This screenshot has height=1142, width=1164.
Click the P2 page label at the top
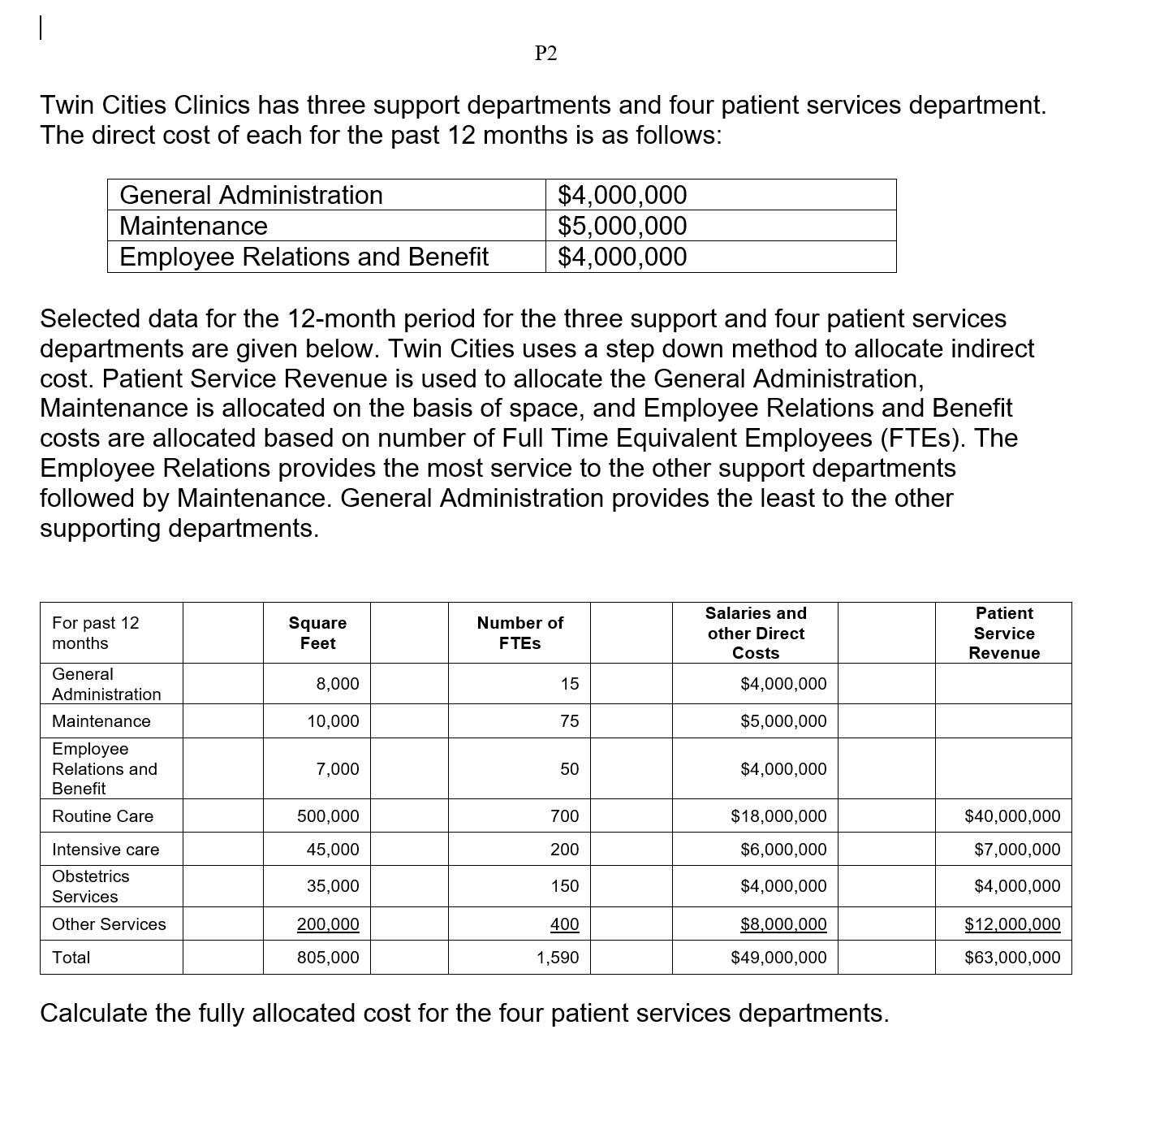[x=546, y=54]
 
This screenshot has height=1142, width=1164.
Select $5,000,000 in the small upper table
[x=622, y=226]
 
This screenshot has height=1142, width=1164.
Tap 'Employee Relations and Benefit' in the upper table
[x=304, y=257]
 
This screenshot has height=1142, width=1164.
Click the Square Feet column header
[x=317, y=633]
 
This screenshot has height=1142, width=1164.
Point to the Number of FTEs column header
[x=519, y=633]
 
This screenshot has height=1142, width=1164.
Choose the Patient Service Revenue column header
[x=1004, y=633]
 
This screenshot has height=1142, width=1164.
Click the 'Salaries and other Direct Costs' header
[x=756, y=633]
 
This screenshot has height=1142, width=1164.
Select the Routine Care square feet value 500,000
[x=328, y=816]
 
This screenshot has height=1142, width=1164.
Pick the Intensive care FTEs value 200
[x=565, y=850]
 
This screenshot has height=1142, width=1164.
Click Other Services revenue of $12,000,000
[x=1012, y=924]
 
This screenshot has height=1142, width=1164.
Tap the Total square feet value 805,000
[x=328, y=958]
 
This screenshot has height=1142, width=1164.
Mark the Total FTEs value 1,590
[x=558, y=958]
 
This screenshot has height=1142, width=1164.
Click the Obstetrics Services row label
[x=90, y=886]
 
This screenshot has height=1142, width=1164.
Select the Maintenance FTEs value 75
[x=570, y=721]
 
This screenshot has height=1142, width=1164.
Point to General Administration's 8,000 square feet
[x=338, y=684]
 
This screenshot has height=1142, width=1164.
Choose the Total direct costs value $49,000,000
[x=778, y=958]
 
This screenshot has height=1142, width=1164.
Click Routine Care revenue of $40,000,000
[x=1012, y=816]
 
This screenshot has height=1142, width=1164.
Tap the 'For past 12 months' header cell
[x=95, y=633]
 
